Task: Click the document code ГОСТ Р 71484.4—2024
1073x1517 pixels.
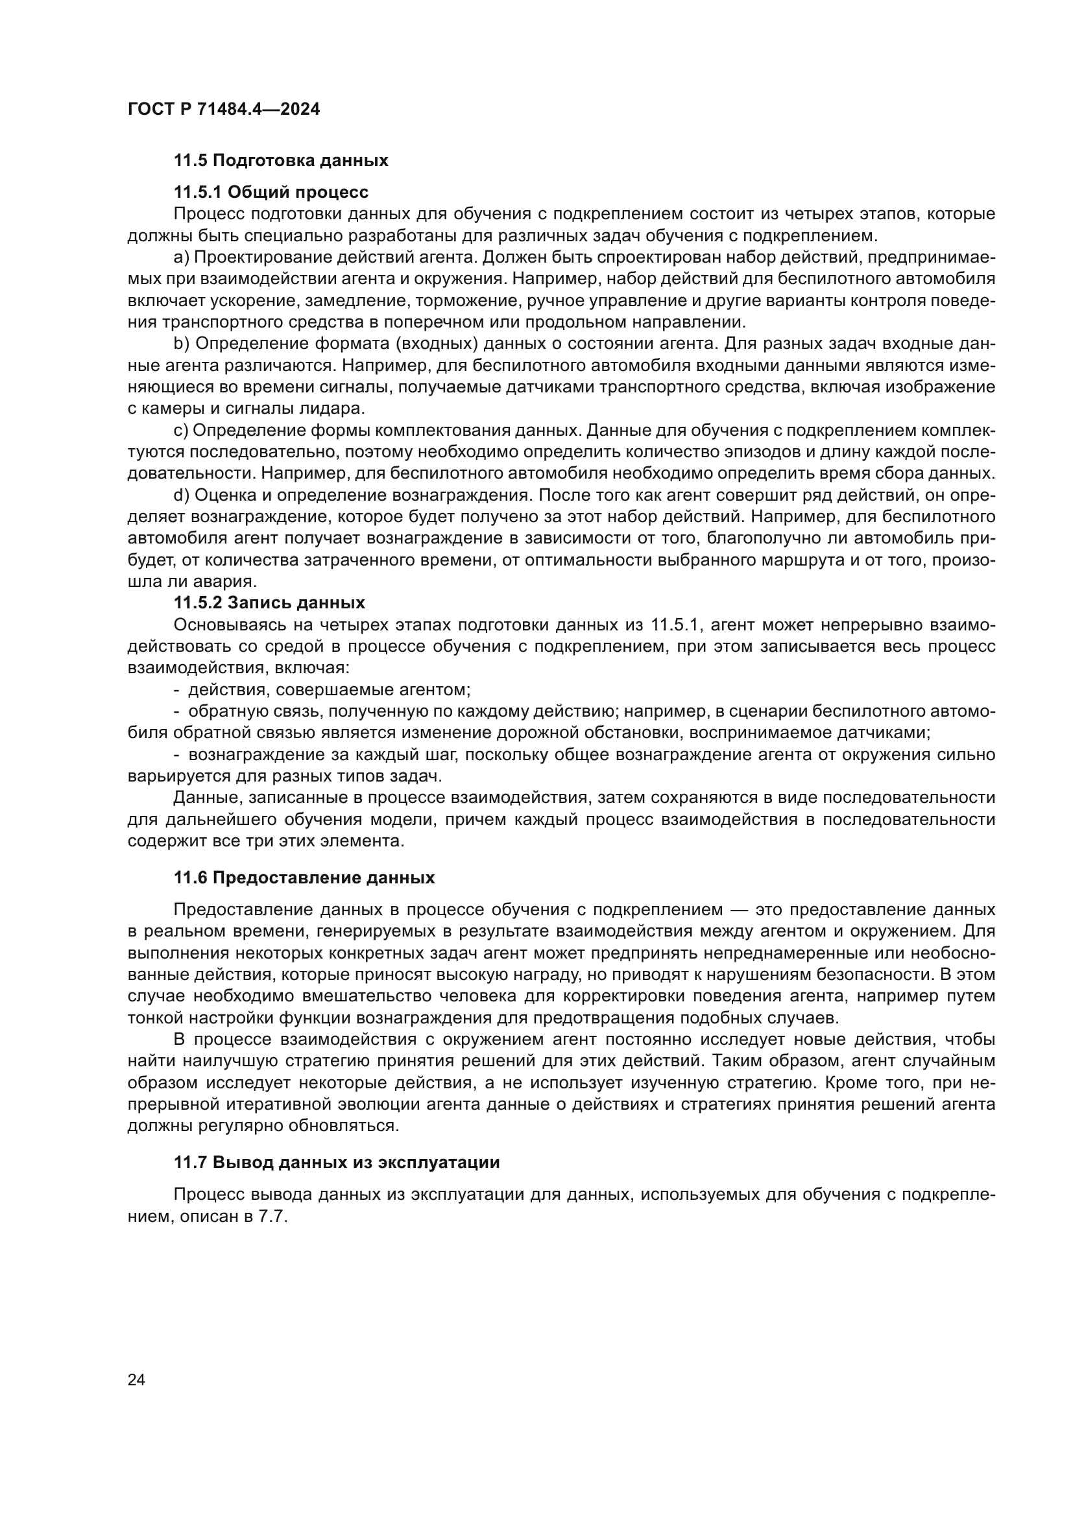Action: (223, 109)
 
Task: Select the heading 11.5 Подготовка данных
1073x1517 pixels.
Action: (281, 161)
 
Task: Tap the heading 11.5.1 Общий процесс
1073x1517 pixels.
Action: (271, 192)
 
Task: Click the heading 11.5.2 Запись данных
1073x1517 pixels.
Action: (269, 603)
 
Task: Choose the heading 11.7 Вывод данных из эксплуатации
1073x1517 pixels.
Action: (336, 1162)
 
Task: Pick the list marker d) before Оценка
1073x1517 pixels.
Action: (182, 496)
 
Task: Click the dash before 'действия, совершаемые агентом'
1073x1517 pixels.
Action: (176, 690)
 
